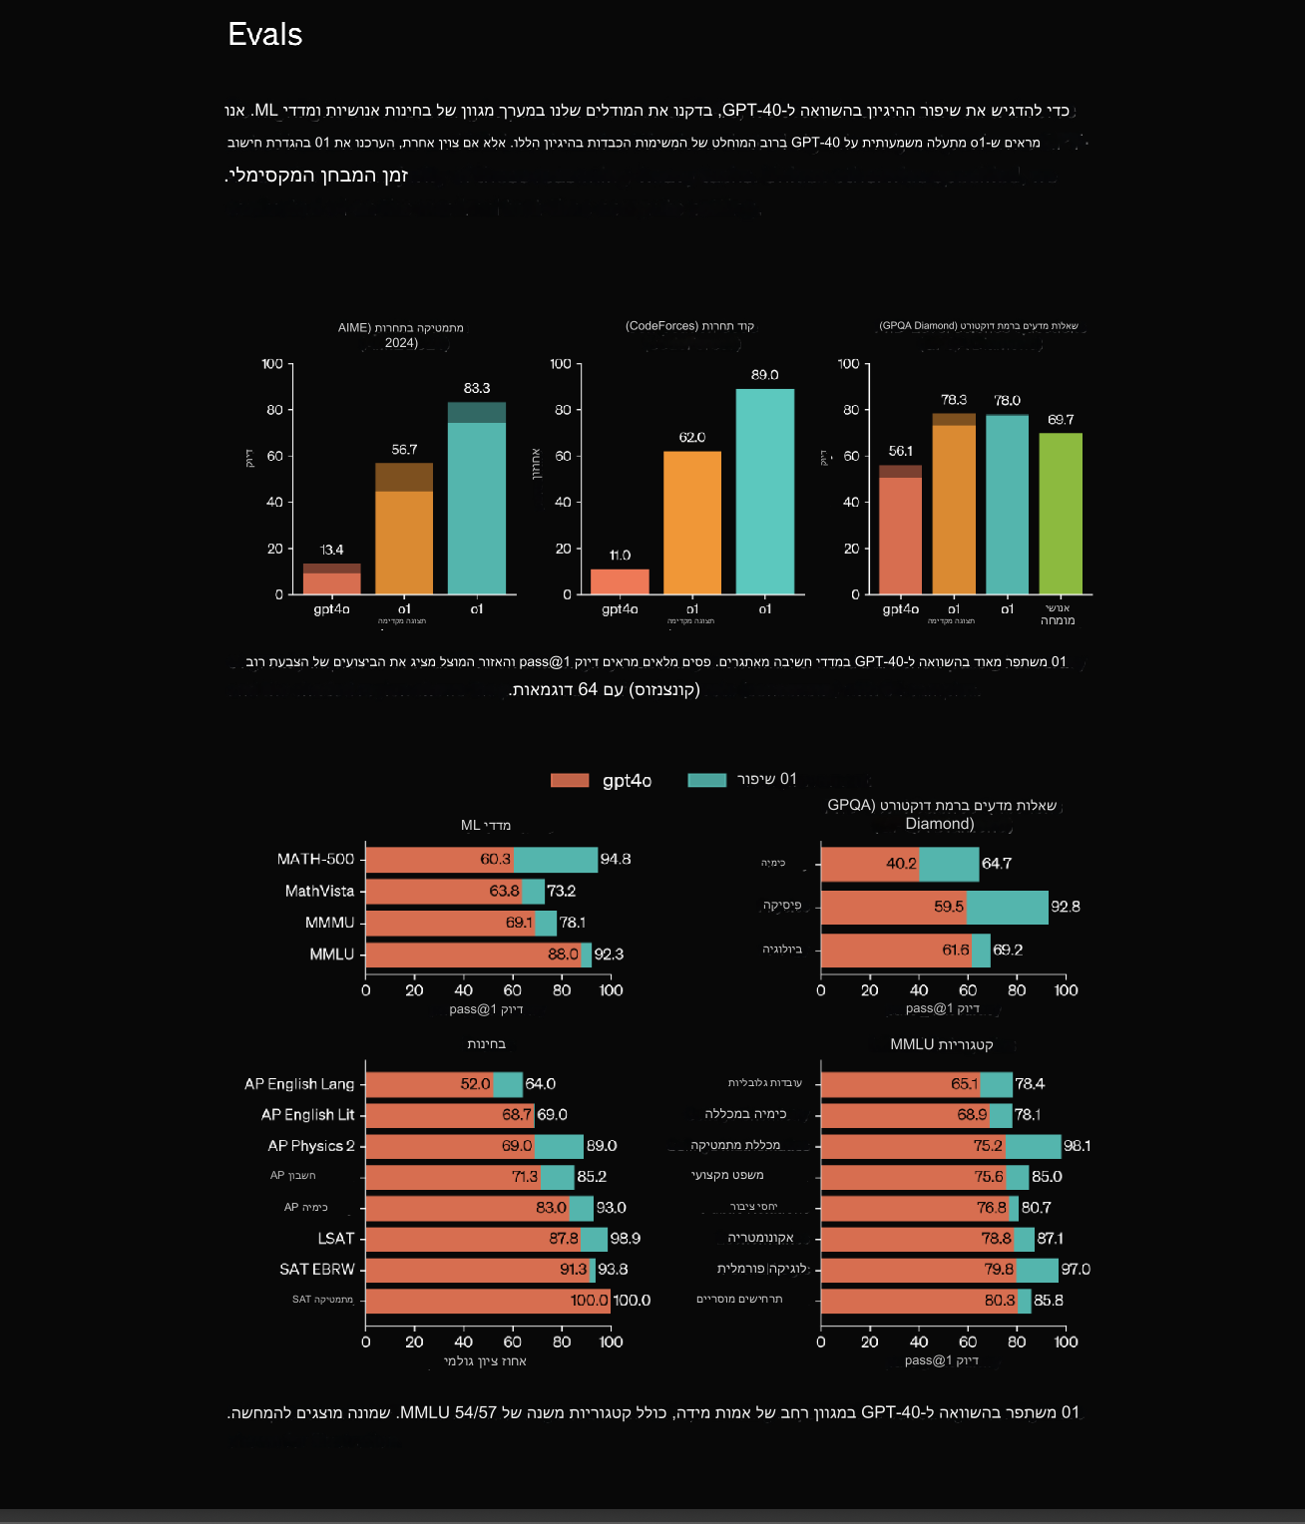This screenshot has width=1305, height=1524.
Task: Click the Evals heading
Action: pyautogui.click(x=264, y=35)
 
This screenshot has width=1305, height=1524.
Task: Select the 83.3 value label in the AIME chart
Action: pyautogui.click(x=477, y=388)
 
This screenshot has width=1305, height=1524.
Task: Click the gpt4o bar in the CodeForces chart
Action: pyautogui.click(x=620, y=581)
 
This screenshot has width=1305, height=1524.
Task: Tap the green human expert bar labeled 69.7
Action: pyautogui.click(x=1061, y=513)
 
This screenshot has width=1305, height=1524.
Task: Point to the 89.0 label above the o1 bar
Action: pyautogui.click(x=764, y=375)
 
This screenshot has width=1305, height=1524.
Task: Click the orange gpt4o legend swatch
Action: pyautogui.click(x=570, y=780)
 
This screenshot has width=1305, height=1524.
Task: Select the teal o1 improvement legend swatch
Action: pyautogui.click(x=706, y=780)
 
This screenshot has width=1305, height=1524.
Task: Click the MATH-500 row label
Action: pyautogui.click(x=315, y=859)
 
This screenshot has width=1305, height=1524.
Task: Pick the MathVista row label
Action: pyautogui.click(x=319, y=891)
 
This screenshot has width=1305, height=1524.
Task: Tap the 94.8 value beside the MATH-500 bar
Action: pyautogui.click(x=615, y=859)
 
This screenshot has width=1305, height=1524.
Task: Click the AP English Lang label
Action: pyautogui.click(x=299, y=1084)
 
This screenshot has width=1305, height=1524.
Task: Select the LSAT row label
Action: pyautogui.click(x=336, y=1239)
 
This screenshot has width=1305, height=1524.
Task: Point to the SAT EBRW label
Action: pyautogui.click(x=316, y=1270)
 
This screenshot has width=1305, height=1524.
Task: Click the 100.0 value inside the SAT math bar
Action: pyautogui.click(x=589, y=1301)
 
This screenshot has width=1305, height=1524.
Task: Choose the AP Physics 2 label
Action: pyautogui.click(x=310, y=1146)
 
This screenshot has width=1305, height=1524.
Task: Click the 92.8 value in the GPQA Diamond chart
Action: pyautogui.click(x=1065, y=907)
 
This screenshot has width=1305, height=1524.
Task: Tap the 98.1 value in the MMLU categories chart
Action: pyautogui.click(x=1077, y=1146)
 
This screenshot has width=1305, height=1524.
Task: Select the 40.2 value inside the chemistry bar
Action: pyautogui.click(x=901, y=864)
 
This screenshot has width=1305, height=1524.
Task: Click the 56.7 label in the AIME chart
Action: pyautogui.click(x=404, y=450)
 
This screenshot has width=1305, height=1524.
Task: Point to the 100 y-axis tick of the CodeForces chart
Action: pyautogui.click(x=561, y=364)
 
